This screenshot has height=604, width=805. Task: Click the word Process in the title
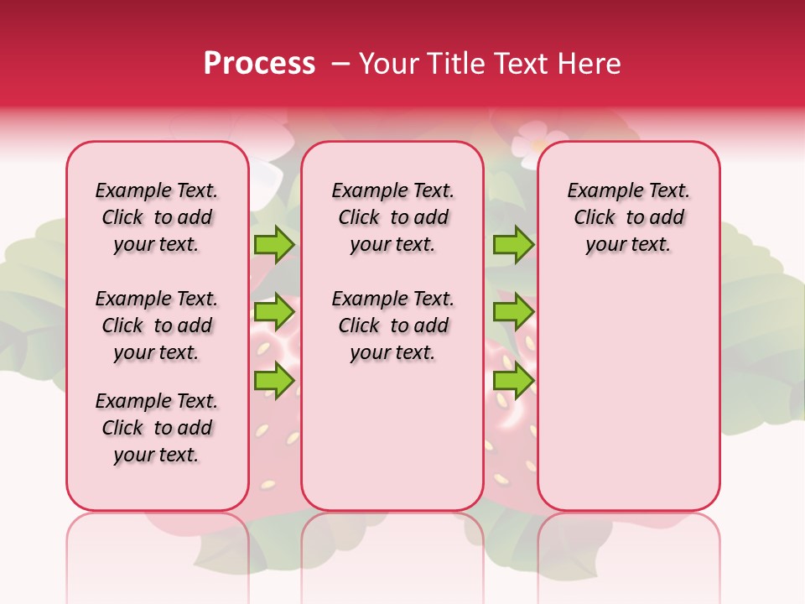coord(259,64)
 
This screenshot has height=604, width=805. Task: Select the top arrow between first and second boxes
coord(274,245)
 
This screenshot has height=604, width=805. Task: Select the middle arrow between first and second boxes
coord(274,312)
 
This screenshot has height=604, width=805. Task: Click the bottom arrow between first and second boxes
coord(274,380)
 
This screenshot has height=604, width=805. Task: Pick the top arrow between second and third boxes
coord(513,245)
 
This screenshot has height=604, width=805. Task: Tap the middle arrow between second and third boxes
coord(513,312)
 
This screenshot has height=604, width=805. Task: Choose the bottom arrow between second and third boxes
coord(513,380)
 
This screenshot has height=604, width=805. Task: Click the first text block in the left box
coord(157,217)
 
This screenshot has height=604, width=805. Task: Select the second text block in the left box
coord(157,325)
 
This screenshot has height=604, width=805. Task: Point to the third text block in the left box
coord(157,428)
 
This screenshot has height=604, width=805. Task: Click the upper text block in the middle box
coord(392,217)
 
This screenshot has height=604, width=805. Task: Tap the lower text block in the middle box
coord(392,325)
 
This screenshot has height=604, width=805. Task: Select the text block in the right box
coord(628,217)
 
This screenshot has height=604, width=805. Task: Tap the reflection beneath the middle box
coord(392,554)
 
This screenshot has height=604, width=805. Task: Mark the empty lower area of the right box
coord(628,394)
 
